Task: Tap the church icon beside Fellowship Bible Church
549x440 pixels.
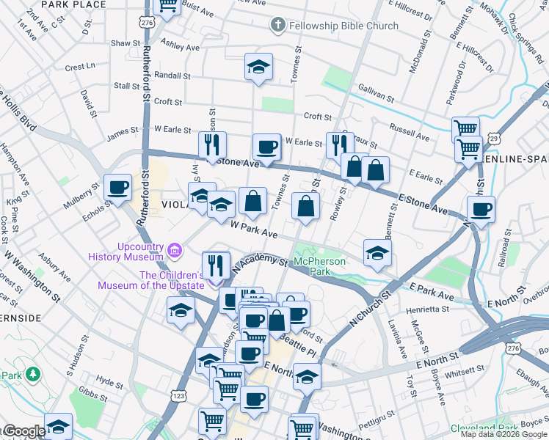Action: pos(277,26)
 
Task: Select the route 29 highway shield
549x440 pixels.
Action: pos(495,138)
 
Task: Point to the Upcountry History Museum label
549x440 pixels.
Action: pos(126,252)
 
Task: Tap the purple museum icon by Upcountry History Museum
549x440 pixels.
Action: pos(175,251)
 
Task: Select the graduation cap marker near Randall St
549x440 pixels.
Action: pos(258,67)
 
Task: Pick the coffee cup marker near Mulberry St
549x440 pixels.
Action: pos(118,188)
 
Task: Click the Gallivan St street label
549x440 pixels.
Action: pos(377,98)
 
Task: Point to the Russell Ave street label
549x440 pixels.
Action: pos(410,136)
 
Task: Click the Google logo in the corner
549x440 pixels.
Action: pos(23,431)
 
